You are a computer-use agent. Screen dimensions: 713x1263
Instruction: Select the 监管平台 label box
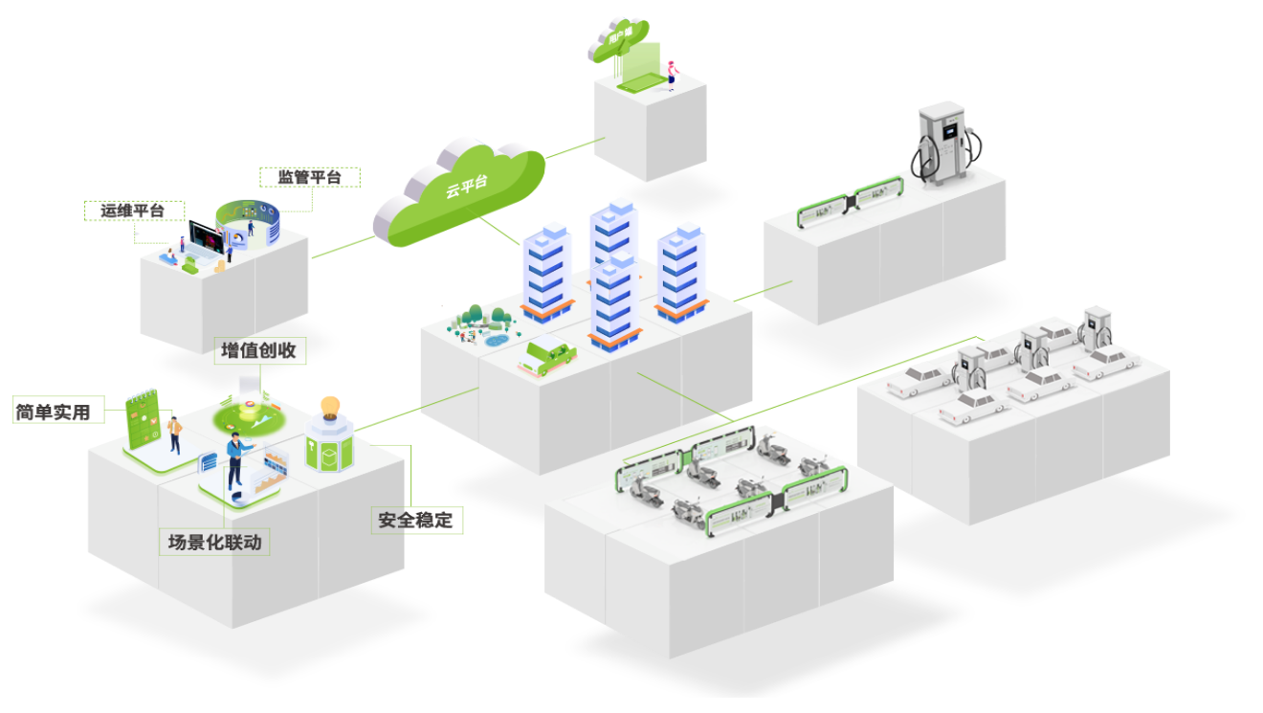pos(310,177)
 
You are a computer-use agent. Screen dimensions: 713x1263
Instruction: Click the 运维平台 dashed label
pos(134,211)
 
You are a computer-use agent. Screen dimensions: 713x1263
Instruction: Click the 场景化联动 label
pos(214,542)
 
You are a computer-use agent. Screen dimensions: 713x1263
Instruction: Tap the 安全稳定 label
pos(417,521)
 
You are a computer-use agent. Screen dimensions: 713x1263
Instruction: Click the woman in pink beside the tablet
pos(671,73)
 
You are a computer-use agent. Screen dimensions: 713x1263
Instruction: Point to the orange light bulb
pos(330,407)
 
